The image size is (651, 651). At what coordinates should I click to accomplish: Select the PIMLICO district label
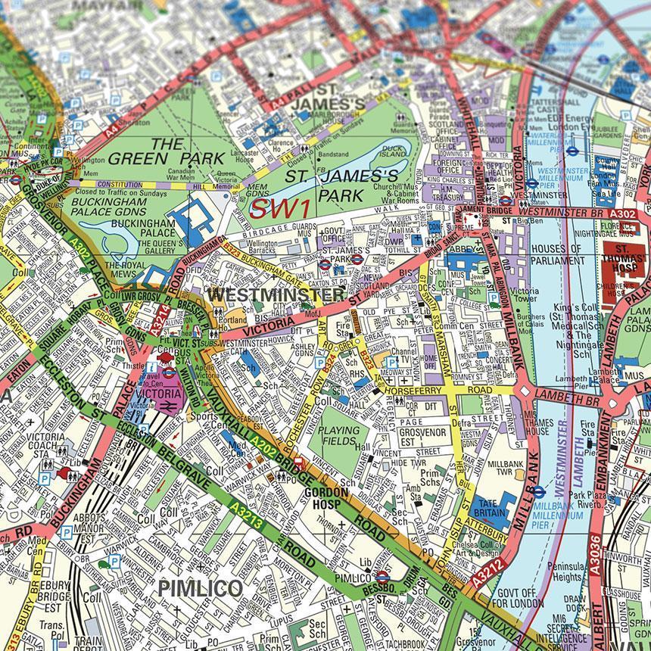pos(200,588)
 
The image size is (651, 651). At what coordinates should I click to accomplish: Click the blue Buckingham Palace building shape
pos(195,219)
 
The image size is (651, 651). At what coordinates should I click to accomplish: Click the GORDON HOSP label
pos(325,497)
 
